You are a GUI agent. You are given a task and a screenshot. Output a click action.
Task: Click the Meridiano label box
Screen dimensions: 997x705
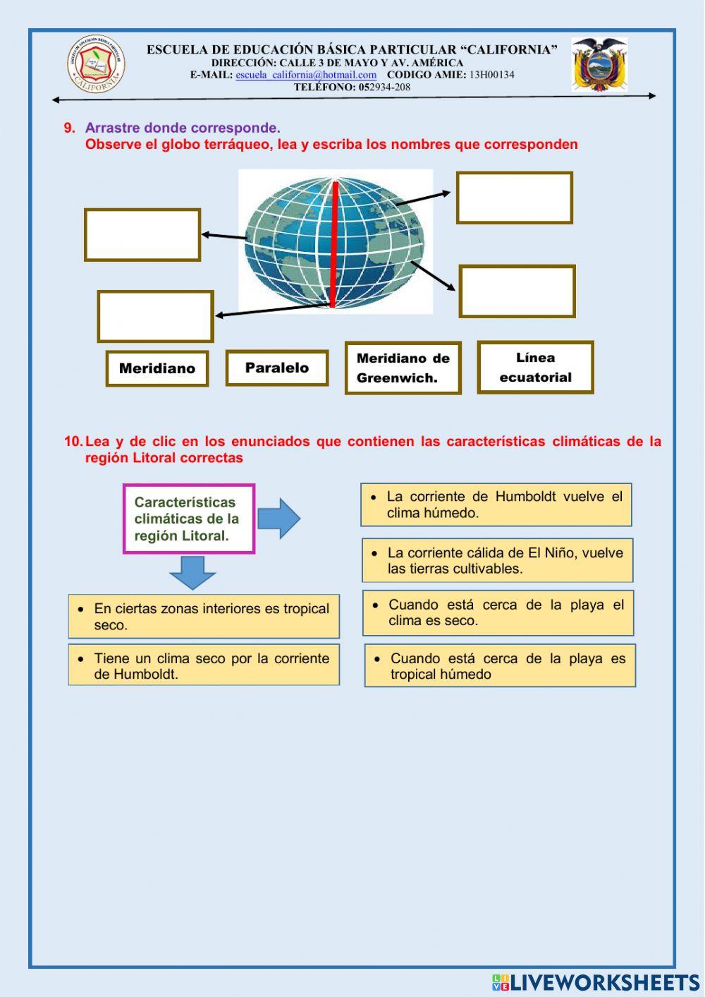tap(157, 368)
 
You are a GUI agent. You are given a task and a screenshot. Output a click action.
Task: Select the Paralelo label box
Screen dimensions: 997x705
tap(277, 368)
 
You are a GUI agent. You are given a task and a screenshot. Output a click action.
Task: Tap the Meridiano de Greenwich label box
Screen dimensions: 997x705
tap(403, 368)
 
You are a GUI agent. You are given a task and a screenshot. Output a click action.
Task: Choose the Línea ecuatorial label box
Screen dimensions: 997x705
tap(535, 367)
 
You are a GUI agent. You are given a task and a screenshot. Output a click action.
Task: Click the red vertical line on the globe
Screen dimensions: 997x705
tap(335, 243)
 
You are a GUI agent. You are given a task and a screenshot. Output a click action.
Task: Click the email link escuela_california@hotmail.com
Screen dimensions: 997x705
tap(306, 75)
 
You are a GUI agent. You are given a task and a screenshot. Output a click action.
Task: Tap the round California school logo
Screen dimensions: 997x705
tap(95, 64)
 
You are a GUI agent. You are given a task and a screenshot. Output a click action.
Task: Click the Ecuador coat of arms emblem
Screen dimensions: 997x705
tap(599, 64)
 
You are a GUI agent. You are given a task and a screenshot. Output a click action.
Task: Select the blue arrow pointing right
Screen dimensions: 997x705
tap(278, 519)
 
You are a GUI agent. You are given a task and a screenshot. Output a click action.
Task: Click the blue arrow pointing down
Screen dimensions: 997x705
tap(192, 572)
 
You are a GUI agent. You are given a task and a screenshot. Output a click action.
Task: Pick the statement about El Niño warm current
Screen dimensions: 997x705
tap(498, 560)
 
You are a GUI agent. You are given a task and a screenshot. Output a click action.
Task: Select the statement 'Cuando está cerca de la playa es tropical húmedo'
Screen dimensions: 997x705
tap(500, 665)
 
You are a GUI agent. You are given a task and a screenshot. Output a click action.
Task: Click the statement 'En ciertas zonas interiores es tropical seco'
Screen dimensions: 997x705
tap(204, 616)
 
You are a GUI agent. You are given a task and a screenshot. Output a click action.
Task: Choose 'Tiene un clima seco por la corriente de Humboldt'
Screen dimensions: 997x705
tap(204, 665)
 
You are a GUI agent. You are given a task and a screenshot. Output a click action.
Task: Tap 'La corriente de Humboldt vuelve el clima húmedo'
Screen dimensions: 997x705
tap(496, 504)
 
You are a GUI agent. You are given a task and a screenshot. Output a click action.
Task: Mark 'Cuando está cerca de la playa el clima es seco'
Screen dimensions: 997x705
tap(498, 612)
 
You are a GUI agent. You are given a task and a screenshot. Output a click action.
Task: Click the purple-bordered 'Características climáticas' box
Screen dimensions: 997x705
tap(188, 519)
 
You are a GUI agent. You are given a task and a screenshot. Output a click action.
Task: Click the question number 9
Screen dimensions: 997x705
tap(69, 128)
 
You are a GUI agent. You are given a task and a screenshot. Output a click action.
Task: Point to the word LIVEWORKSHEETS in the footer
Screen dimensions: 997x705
tap(604, 982)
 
